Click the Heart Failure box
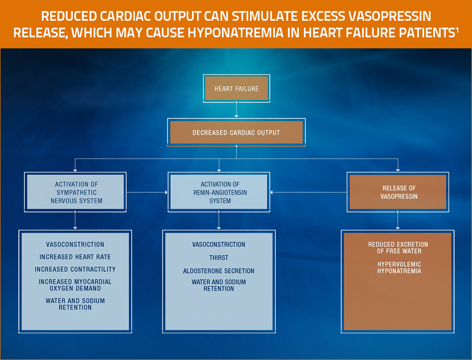pos(236,88)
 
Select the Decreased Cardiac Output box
pos(236,132)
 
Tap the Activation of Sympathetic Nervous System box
pos(76,192)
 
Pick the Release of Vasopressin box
pos(398,192)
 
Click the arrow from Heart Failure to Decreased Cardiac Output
pos(236,110)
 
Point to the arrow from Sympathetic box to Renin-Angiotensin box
pos(147,192)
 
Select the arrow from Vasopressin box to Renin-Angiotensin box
pos(309,192)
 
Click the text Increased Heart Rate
pos(75,257)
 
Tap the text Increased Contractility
pos(75,269)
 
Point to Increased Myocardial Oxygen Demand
pos(75,285)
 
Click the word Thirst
pos(219,258)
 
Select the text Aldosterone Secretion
pos(219,271)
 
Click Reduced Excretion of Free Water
pos(398,248)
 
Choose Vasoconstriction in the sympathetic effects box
pos(75,244)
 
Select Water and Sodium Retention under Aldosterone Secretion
pos(219,285)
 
